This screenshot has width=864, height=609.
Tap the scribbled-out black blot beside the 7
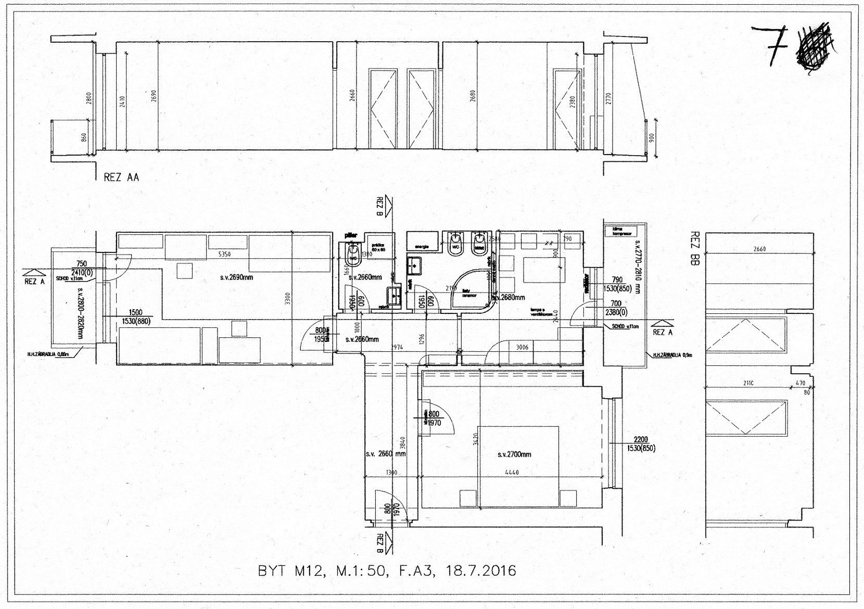pyautogui.click(x=815, y=46)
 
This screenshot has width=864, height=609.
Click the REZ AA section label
pyautogui.click(x=121, y=177)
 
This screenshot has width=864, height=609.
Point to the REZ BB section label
pyautogui.click(x=694, y=248)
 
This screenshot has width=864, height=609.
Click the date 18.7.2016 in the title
pyautogui.click(x=481, y=570)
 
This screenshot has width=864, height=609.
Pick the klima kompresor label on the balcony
pyautogui.click(x=622, y=232)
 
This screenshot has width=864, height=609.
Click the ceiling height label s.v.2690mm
pyautogui.click(x=236, y=277)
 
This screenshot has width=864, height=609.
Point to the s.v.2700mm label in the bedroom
pyautogui.click(x=514, y=454)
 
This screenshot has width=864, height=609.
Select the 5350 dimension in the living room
pyautogui.click(x=224, y=254)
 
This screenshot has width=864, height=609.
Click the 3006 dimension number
pyautogui.click(x=522, y=347)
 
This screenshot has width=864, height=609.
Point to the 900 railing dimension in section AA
pyautogui.click(x=651, y=137)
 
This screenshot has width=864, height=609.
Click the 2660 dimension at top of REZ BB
pyautogui.click(x=759, y=249)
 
